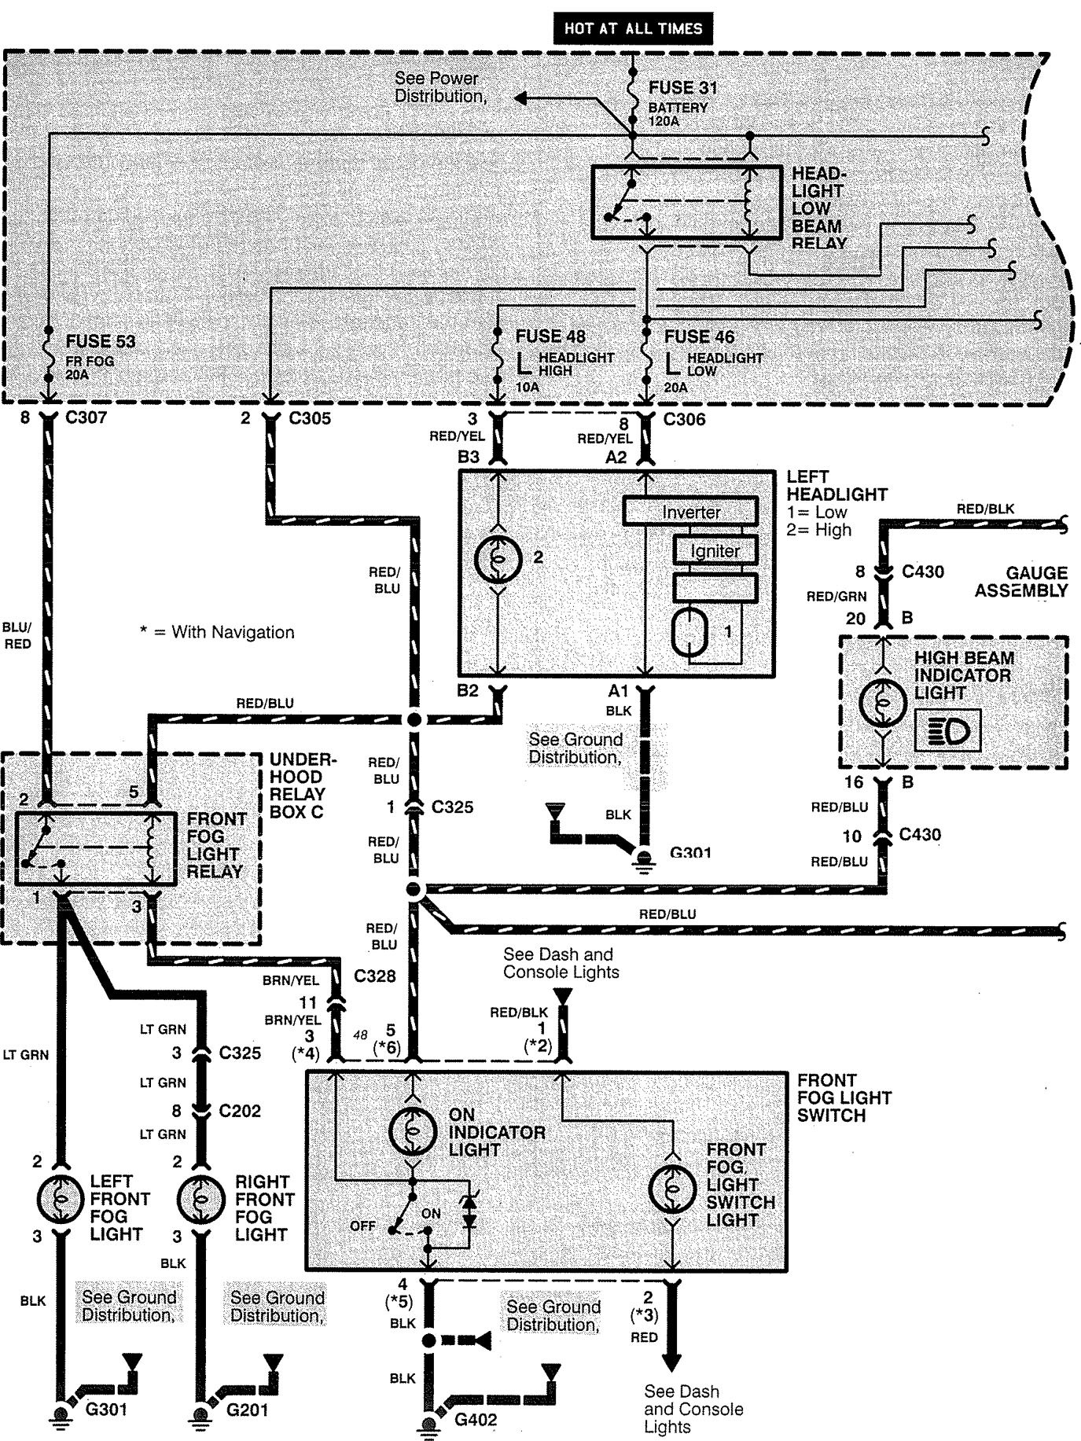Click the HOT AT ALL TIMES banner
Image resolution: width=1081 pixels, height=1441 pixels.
[633, 29]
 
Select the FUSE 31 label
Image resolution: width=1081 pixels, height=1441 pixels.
[682, 88]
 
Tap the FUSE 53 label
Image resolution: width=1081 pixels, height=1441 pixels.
[100, 341]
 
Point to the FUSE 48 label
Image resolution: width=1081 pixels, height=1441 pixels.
[550, 336]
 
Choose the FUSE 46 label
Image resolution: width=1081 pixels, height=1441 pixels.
[699, 336]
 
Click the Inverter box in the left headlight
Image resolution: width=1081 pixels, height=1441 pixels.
[690, 512]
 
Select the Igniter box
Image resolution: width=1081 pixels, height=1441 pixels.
[715, 550]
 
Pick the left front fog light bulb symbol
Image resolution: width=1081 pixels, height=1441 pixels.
[61, 1199]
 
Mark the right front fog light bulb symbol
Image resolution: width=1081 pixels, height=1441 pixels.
[200, 1199]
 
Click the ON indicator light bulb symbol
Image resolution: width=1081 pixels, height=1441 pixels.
[413, 1132]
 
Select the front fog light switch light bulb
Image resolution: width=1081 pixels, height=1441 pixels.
[672, 1189]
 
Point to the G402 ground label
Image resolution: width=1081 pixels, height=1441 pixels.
[475, 1420]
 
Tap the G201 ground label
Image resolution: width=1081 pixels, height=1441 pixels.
[247, 1410]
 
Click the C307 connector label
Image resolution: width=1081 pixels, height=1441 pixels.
[86, 417]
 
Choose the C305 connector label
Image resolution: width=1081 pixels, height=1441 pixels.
[309, 418]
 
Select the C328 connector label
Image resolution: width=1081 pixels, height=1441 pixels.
[374, 976]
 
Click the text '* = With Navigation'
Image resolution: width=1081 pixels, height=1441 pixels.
[217, 632]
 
